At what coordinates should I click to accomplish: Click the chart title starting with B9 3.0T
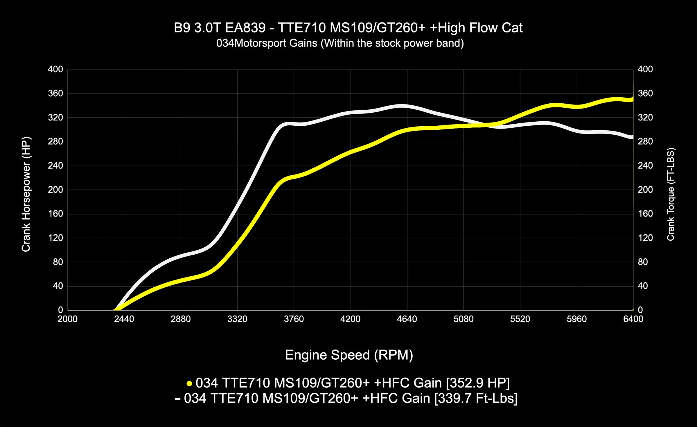(348, 28)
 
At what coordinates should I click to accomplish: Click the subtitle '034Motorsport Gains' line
(340, 43)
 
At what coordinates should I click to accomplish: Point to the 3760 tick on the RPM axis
(294, 319)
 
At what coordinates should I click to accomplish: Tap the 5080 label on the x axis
(464, 319)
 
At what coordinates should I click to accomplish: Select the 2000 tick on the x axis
(67, 319)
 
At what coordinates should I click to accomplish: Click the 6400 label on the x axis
(633, 319)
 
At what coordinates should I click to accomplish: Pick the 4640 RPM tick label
(407, 319)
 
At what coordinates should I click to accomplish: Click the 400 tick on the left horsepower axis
(55, 69)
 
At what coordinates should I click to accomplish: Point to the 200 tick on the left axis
(55, 190)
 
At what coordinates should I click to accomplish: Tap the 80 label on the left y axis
(58, 262)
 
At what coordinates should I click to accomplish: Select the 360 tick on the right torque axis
(645, 93)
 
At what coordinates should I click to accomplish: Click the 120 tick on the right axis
(645, 238)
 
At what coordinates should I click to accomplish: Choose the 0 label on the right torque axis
(640, 310)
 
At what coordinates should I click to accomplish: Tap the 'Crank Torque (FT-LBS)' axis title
(671, 194)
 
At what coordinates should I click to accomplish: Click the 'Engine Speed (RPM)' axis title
(349, 355)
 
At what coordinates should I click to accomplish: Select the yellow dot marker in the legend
(189, 383)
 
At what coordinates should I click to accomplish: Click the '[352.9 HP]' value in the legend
(478, 383)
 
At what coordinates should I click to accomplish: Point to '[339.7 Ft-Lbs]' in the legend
(476, 398)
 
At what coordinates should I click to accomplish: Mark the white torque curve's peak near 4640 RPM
(402, 106)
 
